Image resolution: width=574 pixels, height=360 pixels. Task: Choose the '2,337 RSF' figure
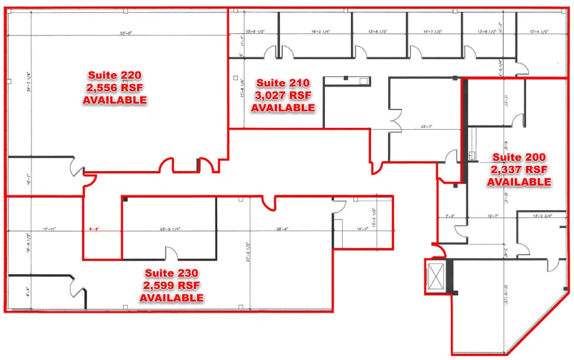pyautogui.click(x=519, y=169)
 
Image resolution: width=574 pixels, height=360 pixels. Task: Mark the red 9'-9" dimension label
pyautogui.click(x=94, y=229)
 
